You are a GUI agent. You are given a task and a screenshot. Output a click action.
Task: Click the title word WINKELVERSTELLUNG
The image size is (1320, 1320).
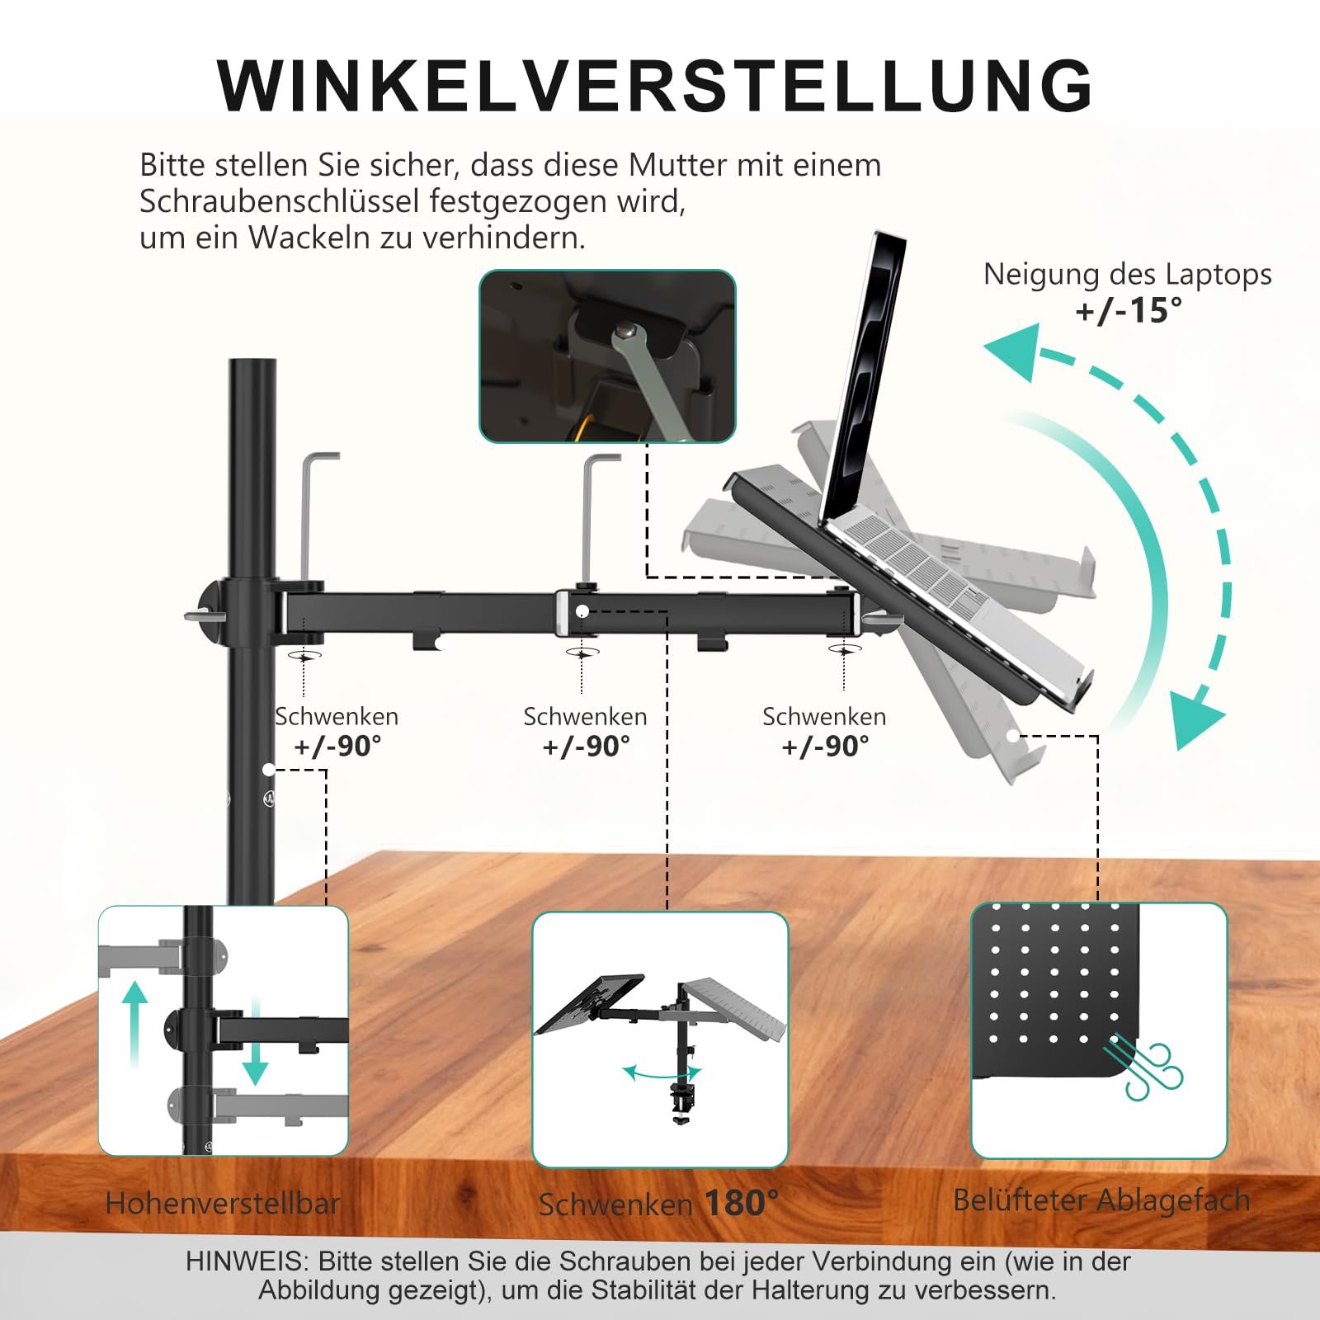pyautogui.click(x=656, y=86)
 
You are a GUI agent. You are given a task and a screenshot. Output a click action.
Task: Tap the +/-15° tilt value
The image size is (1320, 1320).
pyautogui.click(x=1128, y=311)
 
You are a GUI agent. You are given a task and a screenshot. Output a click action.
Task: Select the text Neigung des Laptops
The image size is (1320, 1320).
pyautogui.click(x=1127, y=274)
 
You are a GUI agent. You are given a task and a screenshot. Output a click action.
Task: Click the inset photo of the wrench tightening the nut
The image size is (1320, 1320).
pyautogui.click(x=607, y=356)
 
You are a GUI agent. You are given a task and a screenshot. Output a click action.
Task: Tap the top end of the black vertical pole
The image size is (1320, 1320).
pyautogui.click(x=252, y=368)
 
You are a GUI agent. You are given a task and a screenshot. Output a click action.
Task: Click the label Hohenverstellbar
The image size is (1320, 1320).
pyautogui.click(x=223, y=1204)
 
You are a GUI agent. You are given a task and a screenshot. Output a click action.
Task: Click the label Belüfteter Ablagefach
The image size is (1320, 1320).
pyautogui.click(x=1101, y=1200)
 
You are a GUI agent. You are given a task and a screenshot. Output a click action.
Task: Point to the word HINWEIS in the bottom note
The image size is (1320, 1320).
pyautogui.click(x=245, y=1261)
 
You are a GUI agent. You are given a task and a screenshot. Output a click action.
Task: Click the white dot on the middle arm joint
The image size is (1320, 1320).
pyautogui.click(x=582, y=611)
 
